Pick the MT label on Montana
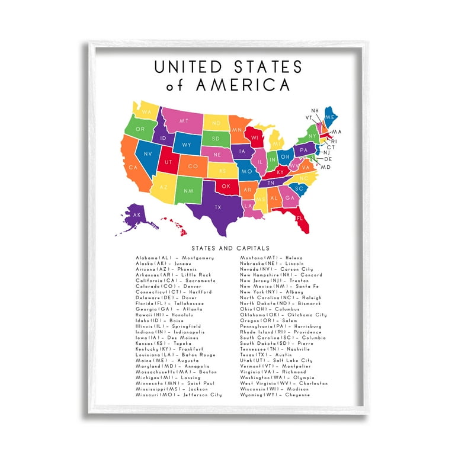coord(184,121)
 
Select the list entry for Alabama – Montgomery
coord(175,258)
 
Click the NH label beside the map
coord(315,110)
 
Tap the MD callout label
coord(325,167)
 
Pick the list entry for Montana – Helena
coord(271,258)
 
